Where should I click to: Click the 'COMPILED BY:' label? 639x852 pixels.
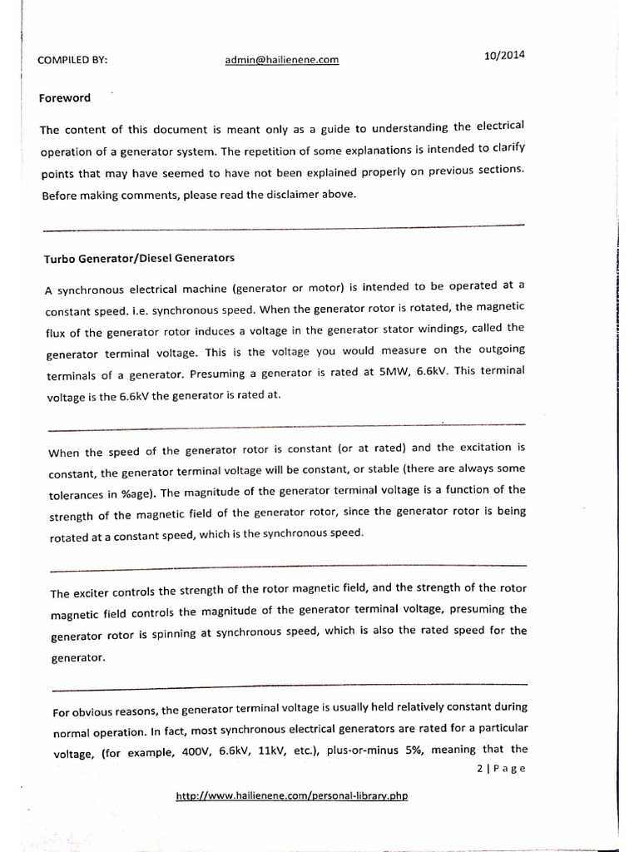click(73, 61)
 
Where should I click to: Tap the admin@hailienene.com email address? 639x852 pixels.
click(282, 60)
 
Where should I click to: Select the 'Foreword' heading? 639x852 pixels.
click(65, 98)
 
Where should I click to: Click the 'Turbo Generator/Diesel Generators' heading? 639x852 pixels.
click(139, 257)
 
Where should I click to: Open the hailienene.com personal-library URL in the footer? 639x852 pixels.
click(292, 796)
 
